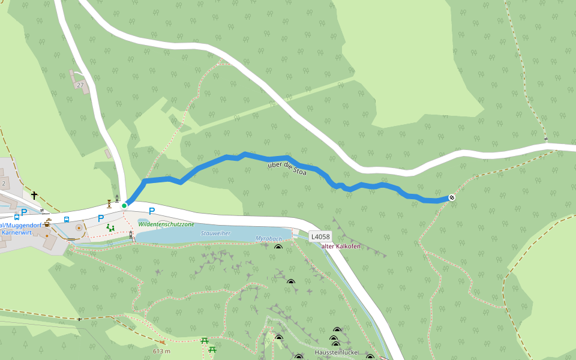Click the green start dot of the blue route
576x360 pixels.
tap(124, 206)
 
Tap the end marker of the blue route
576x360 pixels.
tap(452, 197)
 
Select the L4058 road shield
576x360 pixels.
tap(320, 237)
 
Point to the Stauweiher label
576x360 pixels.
tap(215, 233)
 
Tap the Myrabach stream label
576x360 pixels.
tap(267, 238)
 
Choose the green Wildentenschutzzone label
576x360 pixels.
tap(166, 224)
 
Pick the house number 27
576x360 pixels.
tap(80, 85)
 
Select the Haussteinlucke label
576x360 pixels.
tap(336, 352)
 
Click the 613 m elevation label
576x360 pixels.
tap(161, 351)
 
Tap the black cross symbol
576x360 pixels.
tap(34, 195)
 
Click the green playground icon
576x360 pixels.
tap(110, 227)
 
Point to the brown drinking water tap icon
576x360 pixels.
tap(47, 222)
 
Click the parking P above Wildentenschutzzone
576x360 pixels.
tap(152, 211)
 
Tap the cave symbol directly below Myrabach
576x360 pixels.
tap(278, 247)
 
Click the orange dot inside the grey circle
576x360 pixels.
tap(79, 228)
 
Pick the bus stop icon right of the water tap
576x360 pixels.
tap(66, 219)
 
